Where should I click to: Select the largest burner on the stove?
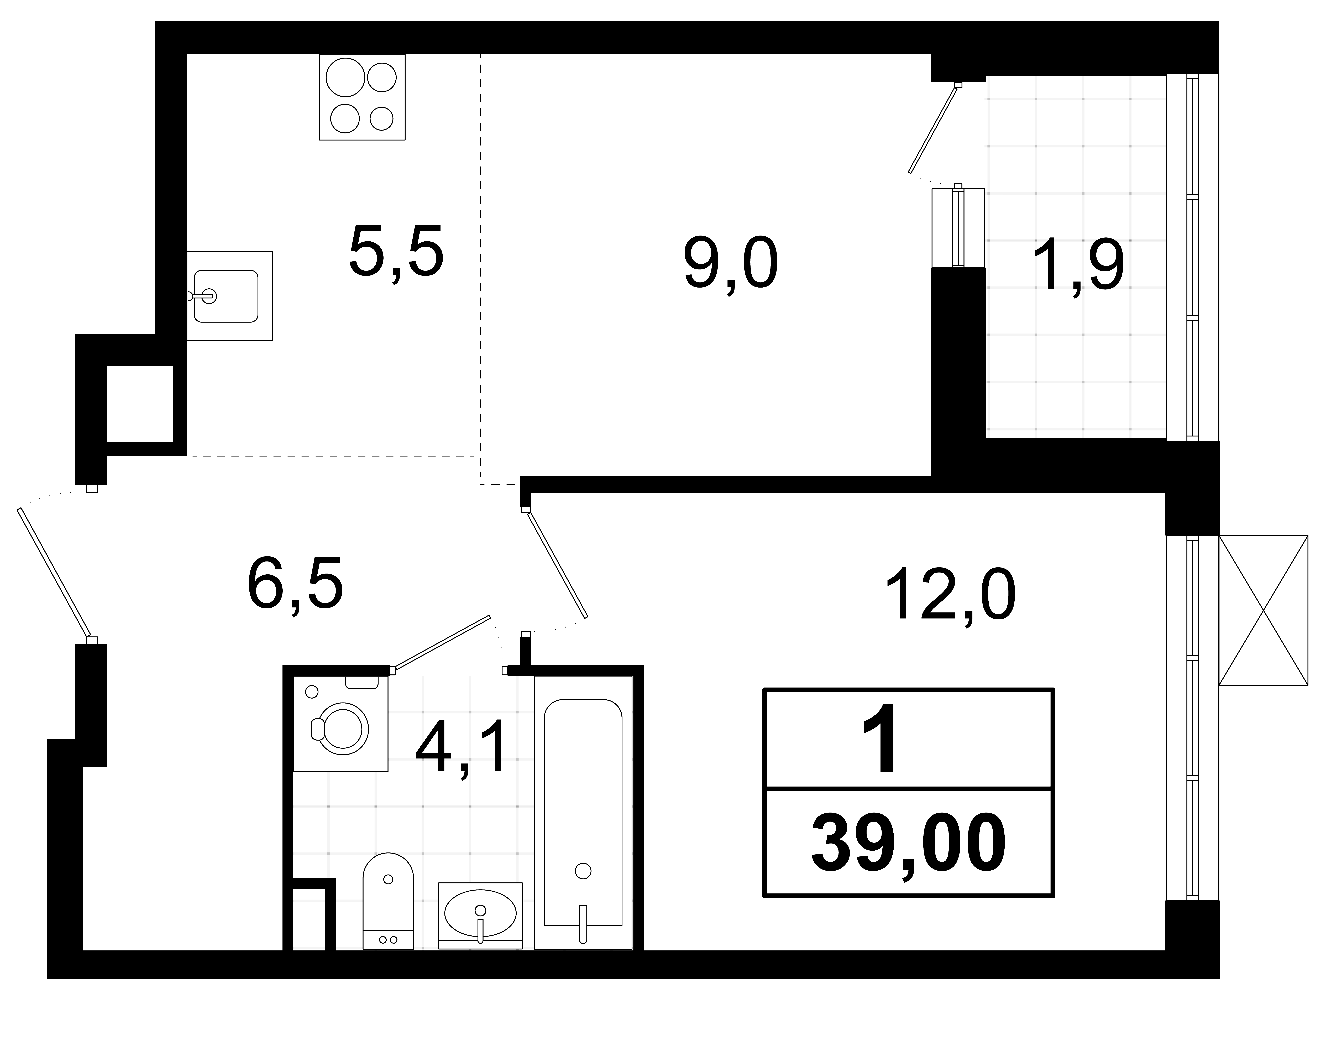click(x=346, y=77)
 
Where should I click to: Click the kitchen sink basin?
click(x=226, y=296)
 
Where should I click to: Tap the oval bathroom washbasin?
click(x=480, y=913)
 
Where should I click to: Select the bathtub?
click(x=583, y=812)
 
